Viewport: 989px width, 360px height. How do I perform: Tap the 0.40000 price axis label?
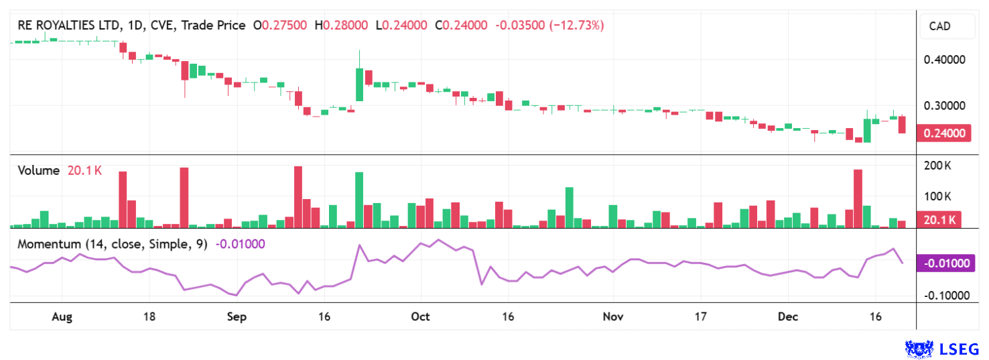coord(944,60)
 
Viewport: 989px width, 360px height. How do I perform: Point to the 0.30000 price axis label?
coord(944,106)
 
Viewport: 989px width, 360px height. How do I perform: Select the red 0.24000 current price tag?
coord(944,133)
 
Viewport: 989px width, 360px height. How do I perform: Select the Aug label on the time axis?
coord(62,316)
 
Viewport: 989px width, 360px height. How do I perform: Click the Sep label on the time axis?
coord(237,316)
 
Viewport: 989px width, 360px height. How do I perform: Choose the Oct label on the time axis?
coord(420,316)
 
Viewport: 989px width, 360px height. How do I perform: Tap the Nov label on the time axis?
coord(613,316)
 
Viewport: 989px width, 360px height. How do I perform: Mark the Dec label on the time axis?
coord(787,316)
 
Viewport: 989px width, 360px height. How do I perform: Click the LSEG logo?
coord(942,349)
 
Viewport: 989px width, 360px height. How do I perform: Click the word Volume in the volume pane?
coord(38,170)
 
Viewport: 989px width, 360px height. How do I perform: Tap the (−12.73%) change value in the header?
coord(576,25)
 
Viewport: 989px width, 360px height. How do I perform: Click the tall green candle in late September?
coord(360,84)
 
